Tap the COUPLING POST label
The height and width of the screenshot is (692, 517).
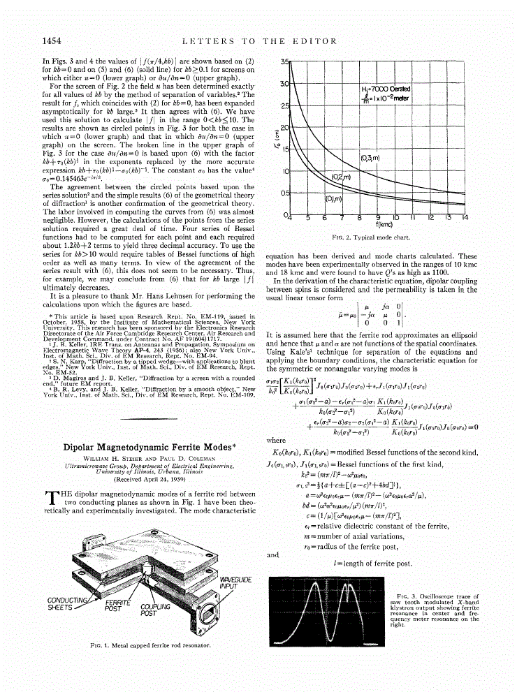pos(152,610)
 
